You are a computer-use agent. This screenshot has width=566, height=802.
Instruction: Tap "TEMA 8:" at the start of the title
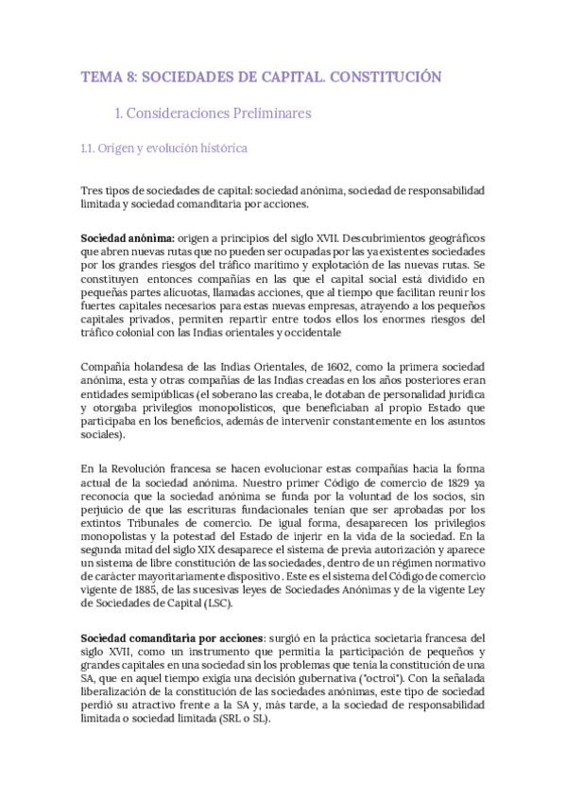[x=105, y=77]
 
